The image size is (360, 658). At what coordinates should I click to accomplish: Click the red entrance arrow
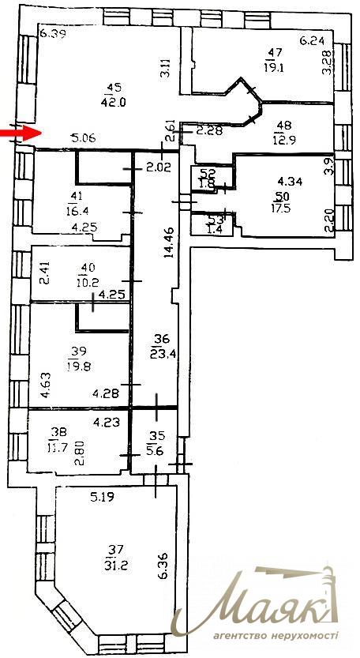pos(21,133)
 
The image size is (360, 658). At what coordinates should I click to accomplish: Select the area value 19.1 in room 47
pos(275,67)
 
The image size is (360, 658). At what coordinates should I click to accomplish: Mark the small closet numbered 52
pos(204,179)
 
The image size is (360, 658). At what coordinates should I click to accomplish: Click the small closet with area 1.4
pos(208,224)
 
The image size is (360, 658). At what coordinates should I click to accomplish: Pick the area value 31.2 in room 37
pos(112,566)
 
